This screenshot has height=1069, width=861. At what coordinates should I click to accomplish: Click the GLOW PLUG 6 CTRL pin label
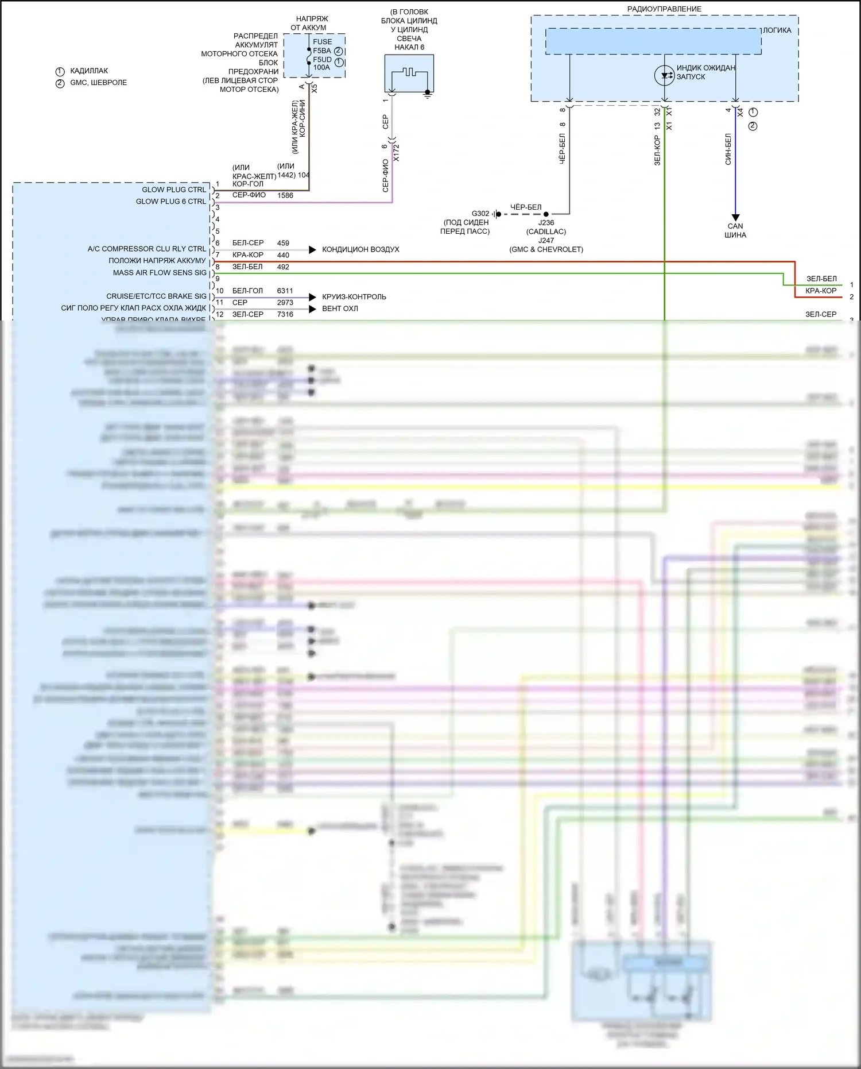(x=170, y=202)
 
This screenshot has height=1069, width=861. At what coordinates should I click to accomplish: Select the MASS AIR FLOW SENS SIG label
(x=160, y=273)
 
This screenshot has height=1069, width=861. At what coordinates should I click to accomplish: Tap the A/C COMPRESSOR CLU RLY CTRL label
(x=146, y=249)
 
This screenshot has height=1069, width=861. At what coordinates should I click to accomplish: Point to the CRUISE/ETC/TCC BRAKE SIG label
(x=156, y=296)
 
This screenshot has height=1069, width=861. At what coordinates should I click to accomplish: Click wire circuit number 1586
(x=285, y=195)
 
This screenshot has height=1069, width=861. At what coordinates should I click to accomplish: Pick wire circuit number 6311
(x=285, y=291)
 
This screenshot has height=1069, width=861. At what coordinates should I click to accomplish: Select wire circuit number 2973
(x=285, y=303)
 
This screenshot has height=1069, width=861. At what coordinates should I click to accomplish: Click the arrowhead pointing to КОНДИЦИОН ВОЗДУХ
(x=312, y=249)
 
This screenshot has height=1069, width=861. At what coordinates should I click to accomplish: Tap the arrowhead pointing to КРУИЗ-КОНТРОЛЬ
(x=312, y=297)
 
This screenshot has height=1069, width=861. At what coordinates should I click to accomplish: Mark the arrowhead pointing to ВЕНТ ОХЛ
(x=312, y=309)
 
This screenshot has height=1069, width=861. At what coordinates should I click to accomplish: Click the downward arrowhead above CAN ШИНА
(x=735, y=218)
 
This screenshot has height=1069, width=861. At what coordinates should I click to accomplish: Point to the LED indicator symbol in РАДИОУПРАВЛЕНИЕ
(x=664, y=75)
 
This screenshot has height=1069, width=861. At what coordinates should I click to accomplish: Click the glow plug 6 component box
(x=409, y=73)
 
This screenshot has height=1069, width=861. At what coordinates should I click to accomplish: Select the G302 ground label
(x=480, y=214)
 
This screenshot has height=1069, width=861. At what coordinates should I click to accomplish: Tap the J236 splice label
(x=546, y=223)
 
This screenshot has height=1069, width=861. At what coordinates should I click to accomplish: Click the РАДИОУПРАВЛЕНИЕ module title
(x=664, y=9)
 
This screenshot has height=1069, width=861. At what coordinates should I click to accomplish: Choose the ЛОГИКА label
(x=777, y=30)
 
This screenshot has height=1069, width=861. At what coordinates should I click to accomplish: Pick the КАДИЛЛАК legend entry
(x=89, y=71)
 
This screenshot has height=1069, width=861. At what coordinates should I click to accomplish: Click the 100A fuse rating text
(x=321, y=68)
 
